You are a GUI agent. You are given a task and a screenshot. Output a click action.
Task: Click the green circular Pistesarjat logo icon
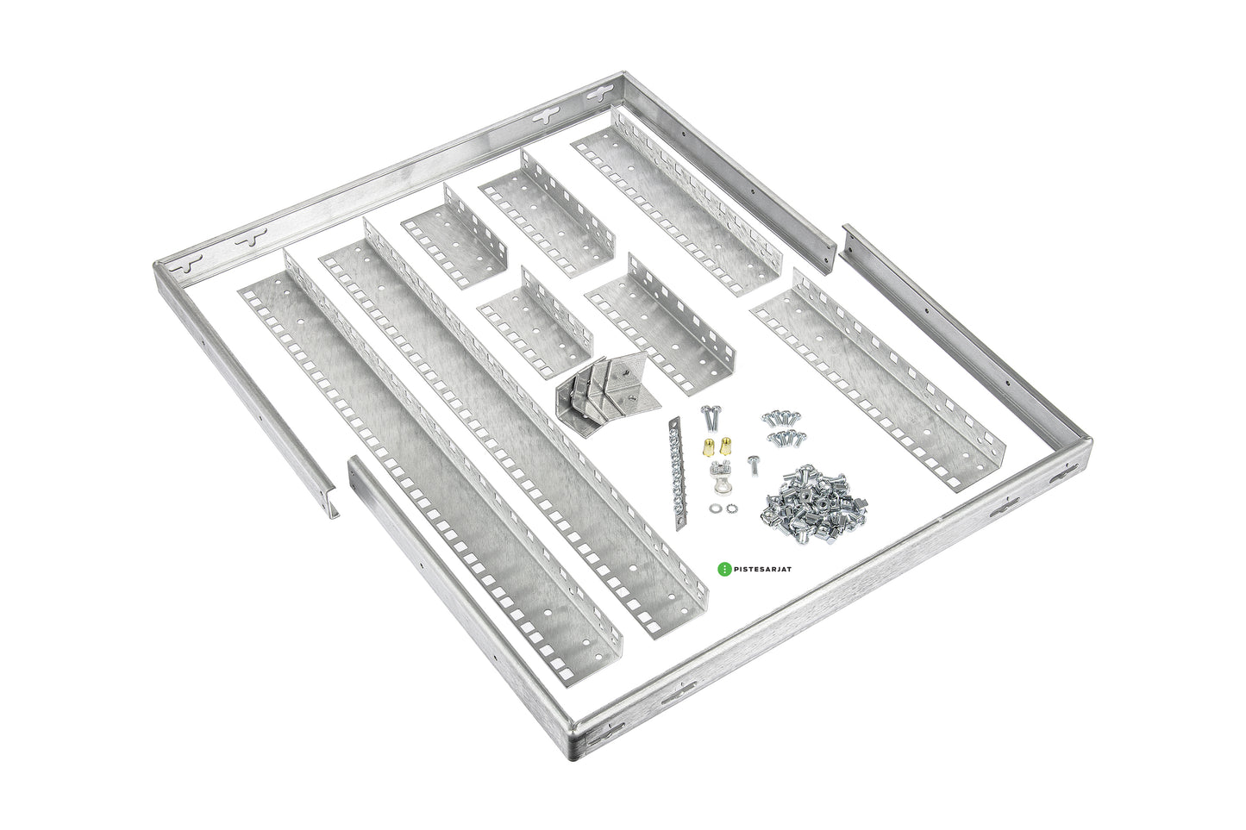[x=723, y=569]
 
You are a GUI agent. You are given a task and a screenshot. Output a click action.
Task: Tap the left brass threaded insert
[x=708, y=446]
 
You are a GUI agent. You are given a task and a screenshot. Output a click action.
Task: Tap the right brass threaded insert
[x=725, y=446]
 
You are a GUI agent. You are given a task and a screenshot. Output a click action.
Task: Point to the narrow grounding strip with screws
[x=679, y=474]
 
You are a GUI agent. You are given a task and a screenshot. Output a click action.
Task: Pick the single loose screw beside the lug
[x=753, y=465]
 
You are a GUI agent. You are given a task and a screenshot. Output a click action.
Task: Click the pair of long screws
[x=709, y=418]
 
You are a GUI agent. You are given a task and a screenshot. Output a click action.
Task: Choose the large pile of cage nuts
[x=814, y=505]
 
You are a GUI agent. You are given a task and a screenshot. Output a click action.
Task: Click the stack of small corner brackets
[x=607, y=398]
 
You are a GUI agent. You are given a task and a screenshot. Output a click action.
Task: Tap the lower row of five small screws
[x=786, y=438]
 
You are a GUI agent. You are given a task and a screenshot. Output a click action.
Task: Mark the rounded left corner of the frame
[x=161, y=271]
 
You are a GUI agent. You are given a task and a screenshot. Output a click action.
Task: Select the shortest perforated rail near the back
[x=454, y=238]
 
